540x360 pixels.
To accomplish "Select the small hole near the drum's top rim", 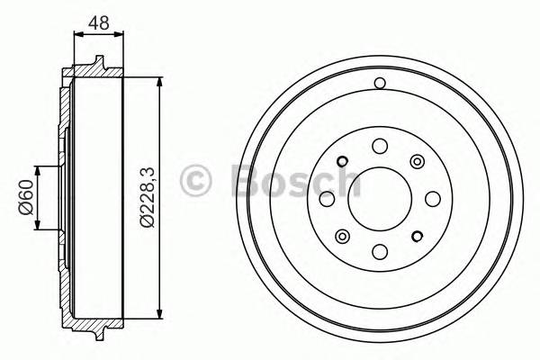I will (x=379, y=84).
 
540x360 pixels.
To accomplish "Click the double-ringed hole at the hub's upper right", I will (x=417, y=161).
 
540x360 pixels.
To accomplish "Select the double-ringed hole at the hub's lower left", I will (x=341, y=236).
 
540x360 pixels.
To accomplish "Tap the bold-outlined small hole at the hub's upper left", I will (x=341, y=162).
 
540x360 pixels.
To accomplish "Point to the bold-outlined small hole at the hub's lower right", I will (x=417, y=236).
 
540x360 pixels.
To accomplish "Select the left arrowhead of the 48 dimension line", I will (x=76, y=33).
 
